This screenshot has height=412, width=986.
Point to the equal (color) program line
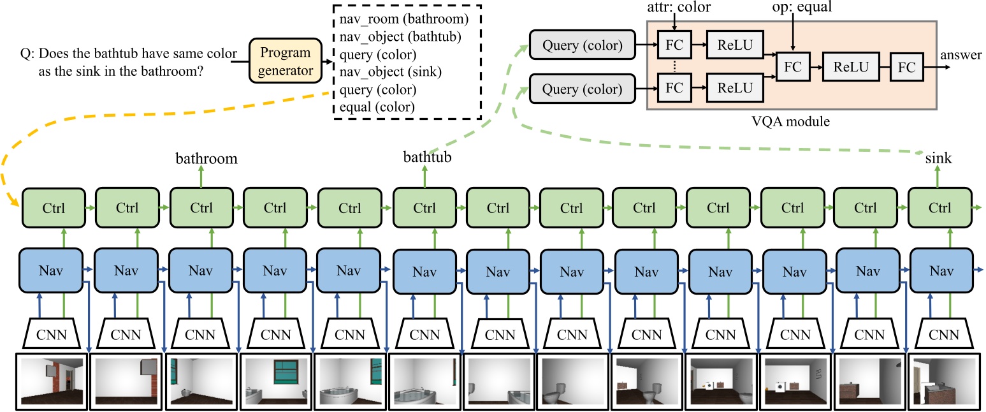point(377,107)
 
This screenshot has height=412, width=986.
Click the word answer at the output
point(961,55)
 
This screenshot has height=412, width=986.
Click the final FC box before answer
point(910,67)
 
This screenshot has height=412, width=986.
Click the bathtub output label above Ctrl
point(426,158)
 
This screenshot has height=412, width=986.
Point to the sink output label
point(939,158)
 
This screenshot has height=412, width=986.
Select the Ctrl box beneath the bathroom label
point(201,208)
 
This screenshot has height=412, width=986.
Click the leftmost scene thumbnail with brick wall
point(52,381)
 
